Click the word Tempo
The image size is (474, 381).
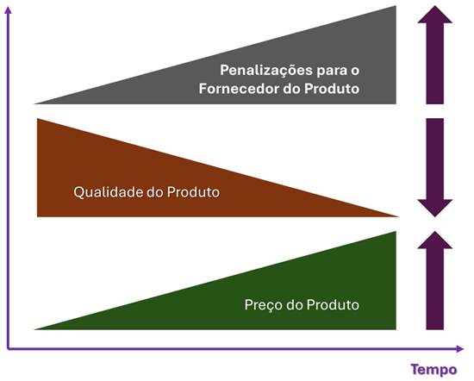coord(433,370)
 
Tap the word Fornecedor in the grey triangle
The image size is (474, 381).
coord(240,89)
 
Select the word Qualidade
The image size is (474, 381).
coord(109,192)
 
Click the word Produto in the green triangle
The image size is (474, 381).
coord(333,305)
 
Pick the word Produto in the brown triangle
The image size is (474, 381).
coord(193,192)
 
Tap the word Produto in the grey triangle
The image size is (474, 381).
coord(332,89)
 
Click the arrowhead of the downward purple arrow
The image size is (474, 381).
coord(435,207)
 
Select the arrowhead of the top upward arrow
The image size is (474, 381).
coord(435,16)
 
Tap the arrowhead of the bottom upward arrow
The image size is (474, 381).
coord(435,241)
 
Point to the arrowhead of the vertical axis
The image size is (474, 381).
coord(8,10)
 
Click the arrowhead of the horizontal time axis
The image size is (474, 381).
coord(460,349)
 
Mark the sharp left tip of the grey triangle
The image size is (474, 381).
coord(34,103)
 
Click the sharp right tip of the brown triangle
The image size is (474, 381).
coord(399,216)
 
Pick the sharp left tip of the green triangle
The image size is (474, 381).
coord(34,329)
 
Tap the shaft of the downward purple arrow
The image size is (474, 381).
coord(435,159)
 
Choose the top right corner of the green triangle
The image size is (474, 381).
coord(396,232)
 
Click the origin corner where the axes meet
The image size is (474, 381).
coord(8,349)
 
